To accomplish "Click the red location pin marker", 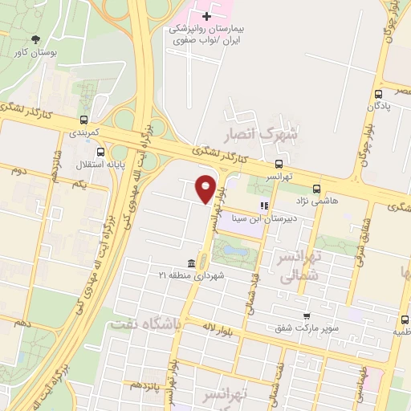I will click(206, 188).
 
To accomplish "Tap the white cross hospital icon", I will click(206, 15).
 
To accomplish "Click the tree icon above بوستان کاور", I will click(35, 40).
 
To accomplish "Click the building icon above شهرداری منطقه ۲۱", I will click(191, 264).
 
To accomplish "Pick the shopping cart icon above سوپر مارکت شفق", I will click(307, 316).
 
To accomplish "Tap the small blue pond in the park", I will click(234, 251).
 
